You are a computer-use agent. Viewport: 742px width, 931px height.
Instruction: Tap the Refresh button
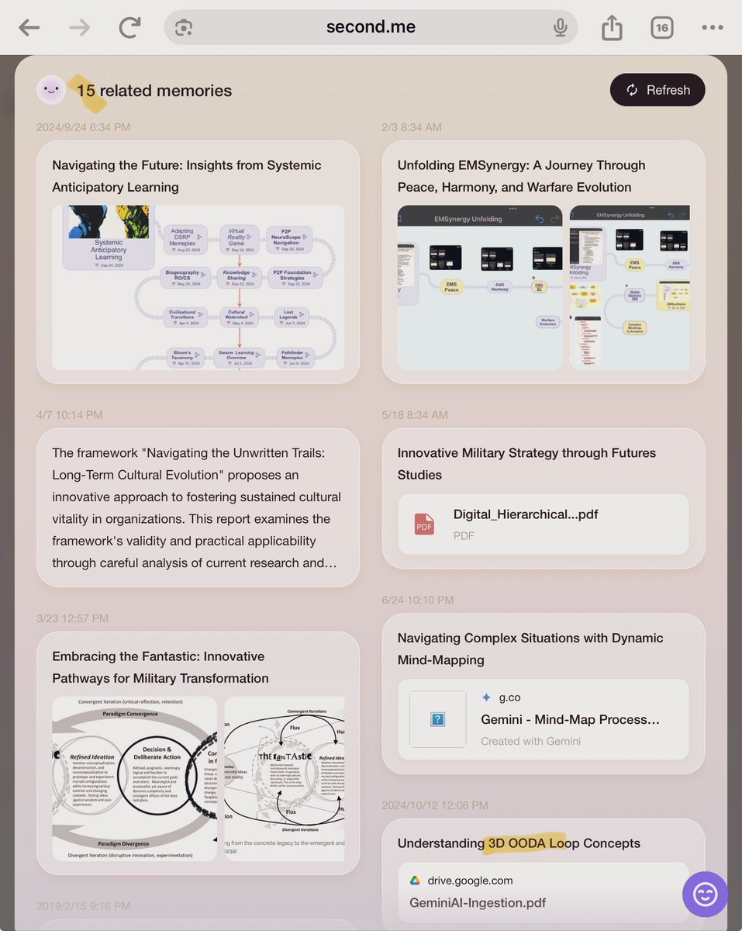click(x=657, y=90)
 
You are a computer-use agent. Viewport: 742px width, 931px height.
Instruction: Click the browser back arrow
click(x=29, y=28)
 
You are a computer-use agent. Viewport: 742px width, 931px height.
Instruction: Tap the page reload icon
click(x=129, y=28)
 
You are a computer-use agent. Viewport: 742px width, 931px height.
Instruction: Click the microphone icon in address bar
click(x=561, y=28)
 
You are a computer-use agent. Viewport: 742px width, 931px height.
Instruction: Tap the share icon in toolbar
click(x=612, y=28)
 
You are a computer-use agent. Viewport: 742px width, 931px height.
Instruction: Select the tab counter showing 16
click(x=661, y=28)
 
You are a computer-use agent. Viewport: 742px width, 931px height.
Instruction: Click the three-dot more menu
click(x=712, y=28)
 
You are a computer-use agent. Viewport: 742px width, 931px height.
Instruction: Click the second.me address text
click(x=371, y=27)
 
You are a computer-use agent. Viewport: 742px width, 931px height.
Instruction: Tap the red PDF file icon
click(x=424, y=524)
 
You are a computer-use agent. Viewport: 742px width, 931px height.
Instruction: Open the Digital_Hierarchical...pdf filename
click(x=526, y=514)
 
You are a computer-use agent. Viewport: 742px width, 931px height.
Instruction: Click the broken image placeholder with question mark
click(x=437, y=719)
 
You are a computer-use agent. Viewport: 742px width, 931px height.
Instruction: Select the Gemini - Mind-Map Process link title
click(x=570, y=719)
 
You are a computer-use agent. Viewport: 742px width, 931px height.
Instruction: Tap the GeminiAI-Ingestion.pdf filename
click(x=478, y=902)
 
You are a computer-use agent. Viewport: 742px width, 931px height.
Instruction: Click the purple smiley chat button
click(x=705, y=895)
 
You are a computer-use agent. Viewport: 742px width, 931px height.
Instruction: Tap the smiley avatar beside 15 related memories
click(x=51, y=90)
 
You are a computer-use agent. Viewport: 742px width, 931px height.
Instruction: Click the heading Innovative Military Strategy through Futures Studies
click(x=526, y=463)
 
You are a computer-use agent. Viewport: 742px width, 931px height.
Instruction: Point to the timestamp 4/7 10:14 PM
click(x=70, y=415)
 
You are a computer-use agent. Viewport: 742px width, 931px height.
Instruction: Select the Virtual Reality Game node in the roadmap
click(x=236, y=237)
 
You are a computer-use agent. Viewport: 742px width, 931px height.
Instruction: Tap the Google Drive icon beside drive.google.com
click(x=416, y=881)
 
